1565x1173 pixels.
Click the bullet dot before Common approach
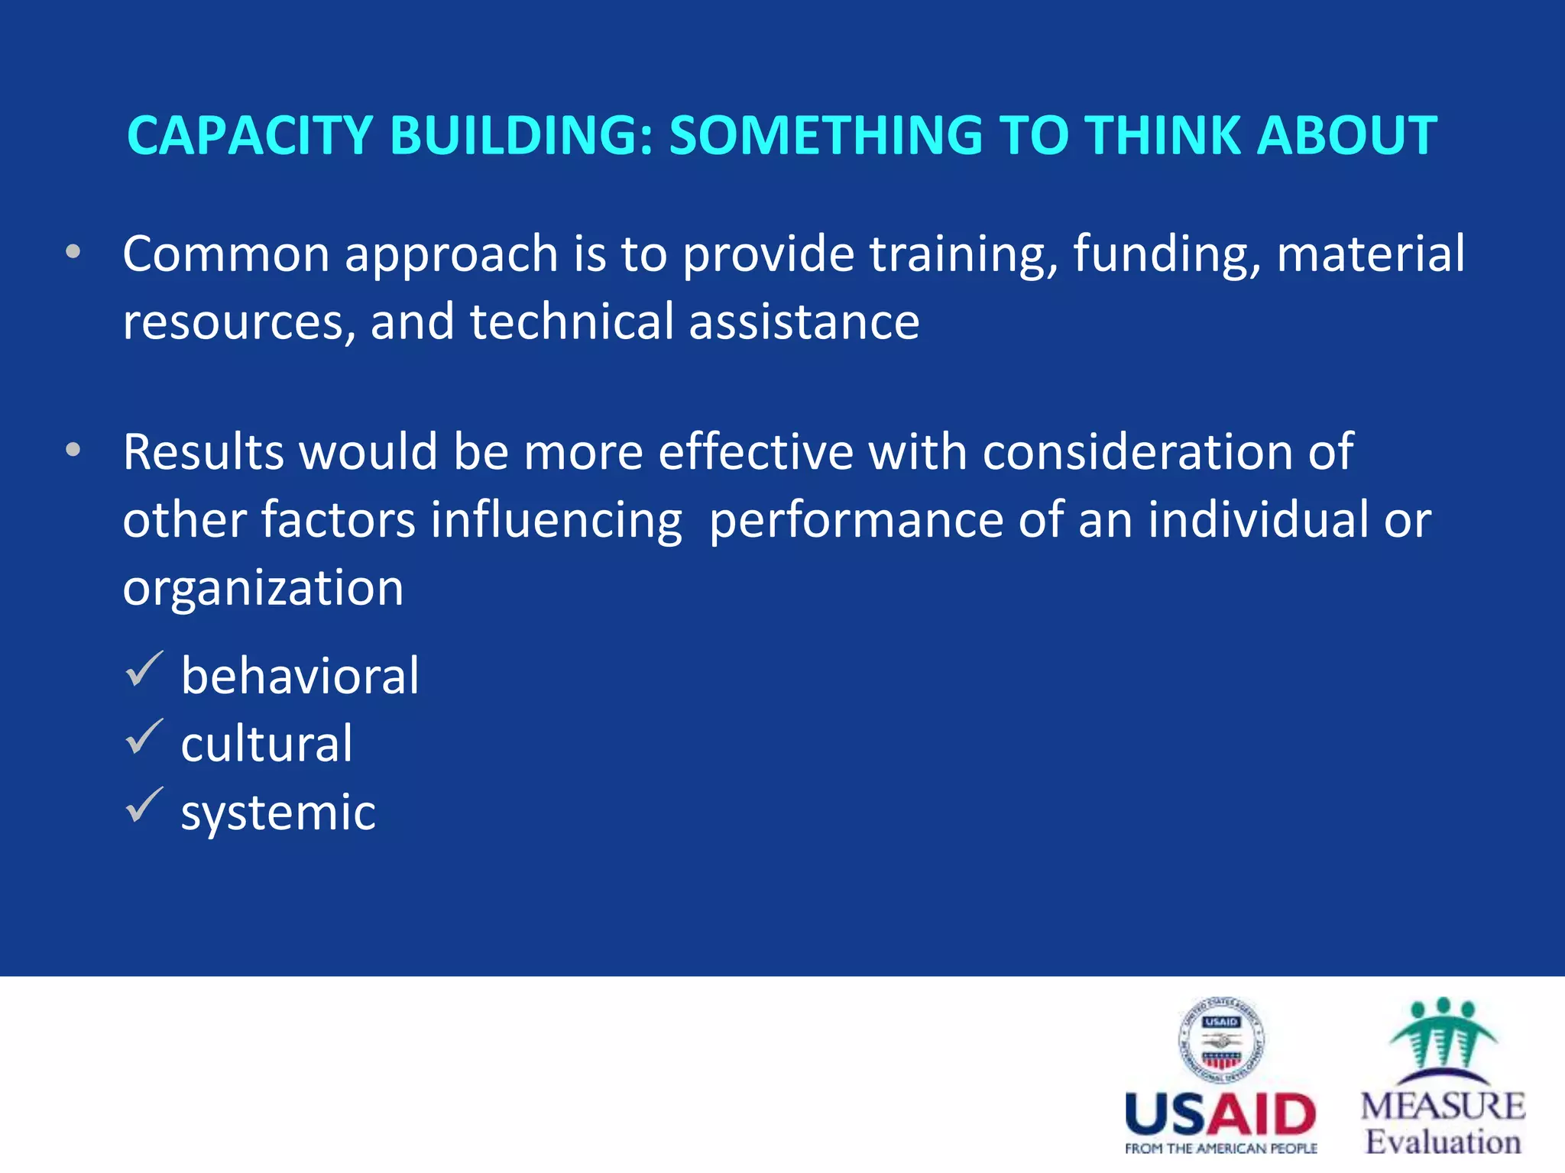click(x=73, y=252)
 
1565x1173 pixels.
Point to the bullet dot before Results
click(x=73, y=451)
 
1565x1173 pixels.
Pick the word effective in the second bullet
click(x=755, y=452)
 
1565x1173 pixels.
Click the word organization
click(x=263, y=589)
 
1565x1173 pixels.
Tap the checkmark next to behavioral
click(x=144, y=669)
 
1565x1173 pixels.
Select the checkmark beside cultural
click(x=144, y=737)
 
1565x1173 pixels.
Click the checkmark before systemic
click(x=144, y=805)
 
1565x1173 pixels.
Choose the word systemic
click(x=278, y=813)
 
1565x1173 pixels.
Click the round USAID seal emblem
click(x=1220, y=1040)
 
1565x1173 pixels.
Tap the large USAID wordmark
click(x=1220, y=1115)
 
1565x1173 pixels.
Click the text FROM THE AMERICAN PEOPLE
click(x=1220, y=1149)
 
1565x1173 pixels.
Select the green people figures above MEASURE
click(x=1442, y=1039)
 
